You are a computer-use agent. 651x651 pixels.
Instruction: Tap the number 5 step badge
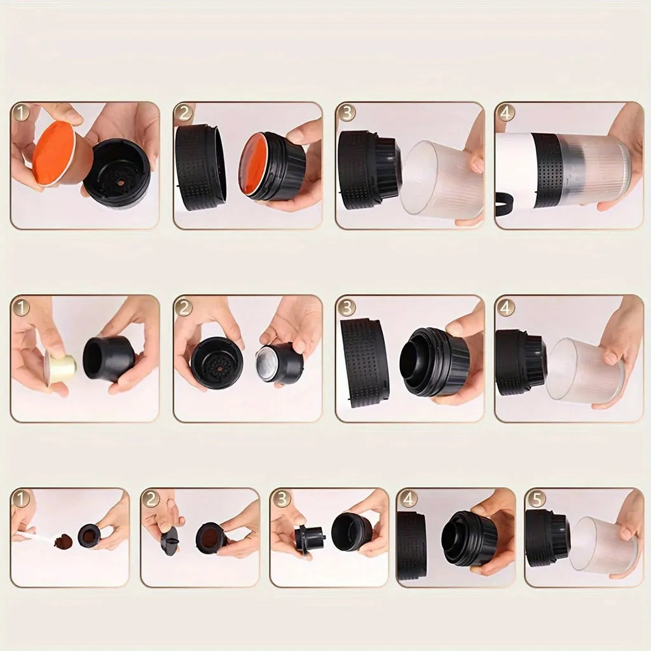tap(537, 499)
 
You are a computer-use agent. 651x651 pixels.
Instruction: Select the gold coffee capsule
tap(61, 367)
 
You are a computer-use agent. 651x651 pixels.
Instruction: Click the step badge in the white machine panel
tap(506, 113)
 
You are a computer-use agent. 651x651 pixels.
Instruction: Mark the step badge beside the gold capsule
tap(21, 308)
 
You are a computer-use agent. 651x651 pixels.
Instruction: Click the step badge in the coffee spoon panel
tap(21, 499)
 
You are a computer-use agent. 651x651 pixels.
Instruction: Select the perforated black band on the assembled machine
tap(547, 170)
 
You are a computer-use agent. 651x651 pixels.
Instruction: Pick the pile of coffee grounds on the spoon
tap(64, 542)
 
